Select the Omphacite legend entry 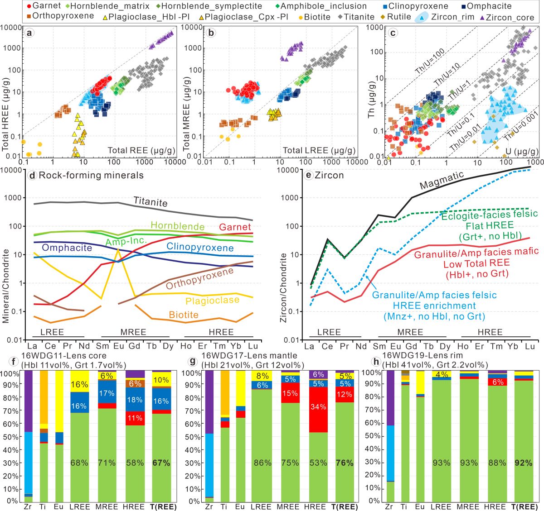click(489, 6)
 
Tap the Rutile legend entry click(398, 17)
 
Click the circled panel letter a click(30, 33)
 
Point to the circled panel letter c click(393, 33)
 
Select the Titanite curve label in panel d click(150, 202)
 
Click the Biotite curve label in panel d click(184, 315)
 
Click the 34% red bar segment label click(318, 406)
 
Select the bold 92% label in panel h click(523, 463)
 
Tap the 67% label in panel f click(161, 463)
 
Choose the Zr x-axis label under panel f click(28, 506)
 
